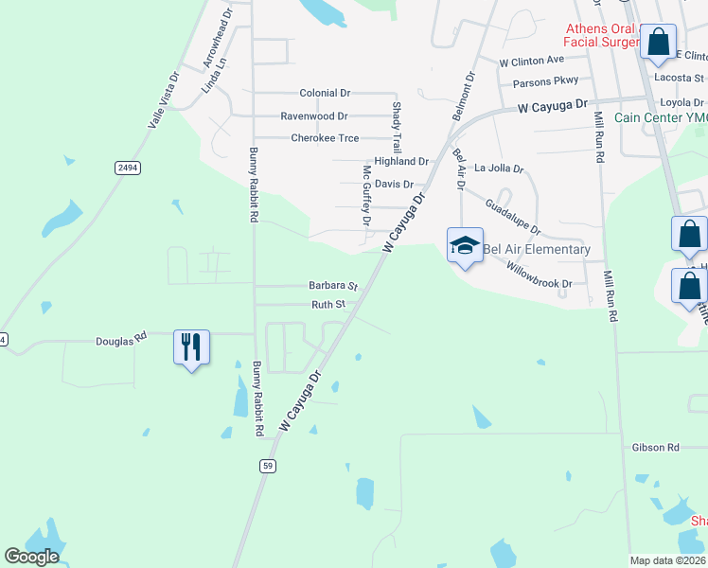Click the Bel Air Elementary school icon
coord(465,246)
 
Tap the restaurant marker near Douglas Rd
coord(191,347)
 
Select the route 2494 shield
coord(127,168)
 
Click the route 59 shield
coord(268,465)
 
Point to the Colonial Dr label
coord(325,94)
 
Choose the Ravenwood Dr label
coord(313,116)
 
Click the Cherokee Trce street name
coord(325,138)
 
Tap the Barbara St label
coord(332,285)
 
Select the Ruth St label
coord(327,305)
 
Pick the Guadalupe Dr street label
coord(512,217)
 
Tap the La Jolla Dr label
coord(499,169)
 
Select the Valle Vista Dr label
coord(163,102)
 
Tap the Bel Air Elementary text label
coord(537,250)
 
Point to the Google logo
coord(32,556)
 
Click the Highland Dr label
coord(401,162)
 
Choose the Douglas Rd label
coord(121,338)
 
